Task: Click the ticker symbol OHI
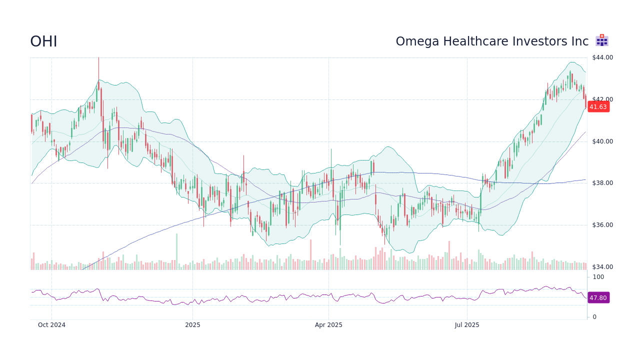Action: (43, 41)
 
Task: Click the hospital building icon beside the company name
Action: (601, 40)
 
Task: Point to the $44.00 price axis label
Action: (602, 57)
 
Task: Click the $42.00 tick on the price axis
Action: (602, 99)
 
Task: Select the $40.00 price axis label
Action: (602, 141)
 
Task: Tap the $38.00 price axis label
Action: (602, 183)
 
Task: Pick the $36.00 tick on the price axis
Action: (602, 225)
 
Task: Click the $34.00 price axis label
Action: (602, 267)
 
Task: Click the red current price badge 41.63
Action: (598, 106)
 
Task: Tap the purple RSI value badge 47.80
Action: (598, 297)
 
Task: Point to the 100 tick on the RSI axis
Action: (598, 277)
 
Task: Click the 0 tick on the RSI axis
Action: (594, 316)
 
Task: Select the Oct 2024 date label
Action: (51, 325)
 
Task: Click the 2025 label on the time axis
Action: (192, 325)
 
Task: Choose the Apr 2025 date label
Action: (328, 325)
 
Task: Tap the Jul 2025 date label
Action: (467, 325)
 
